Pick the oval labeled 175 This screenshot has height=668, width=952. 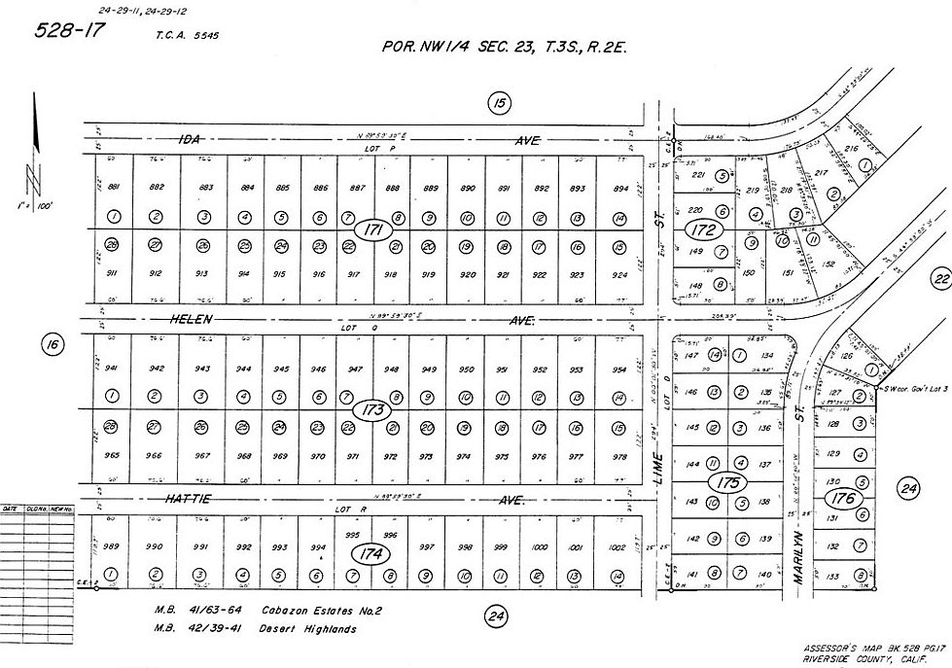pos(725,483)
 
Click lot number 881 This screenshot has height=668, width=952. pos(113,188)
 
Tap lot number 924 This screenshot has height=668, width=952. pos(619,274)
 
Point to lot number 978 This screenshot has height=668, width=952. pos(619,455)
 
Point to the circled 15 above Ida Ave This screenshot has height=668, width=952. pos(498,104)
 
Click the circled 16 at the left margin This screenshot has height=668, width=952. pos(53,343)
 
